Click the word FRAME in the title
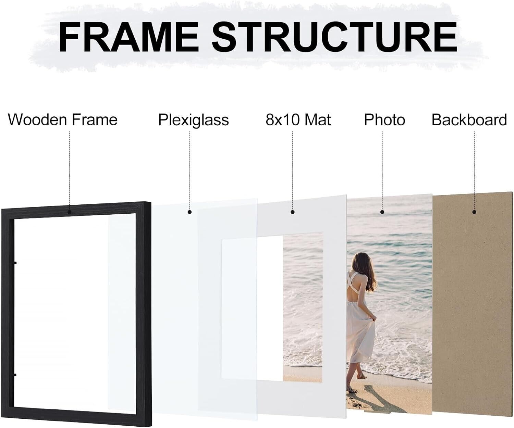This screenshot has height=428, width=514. (128, 37)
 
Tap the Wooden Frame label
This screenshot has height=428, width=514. (63, 120)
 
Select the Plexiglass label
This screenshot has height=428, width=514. (194, 120)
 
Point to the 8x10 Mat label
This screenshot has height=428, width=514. (298, 120)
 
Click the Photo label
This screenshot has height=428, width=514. (384, 120)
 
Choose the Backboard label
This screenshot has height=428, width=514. (469, 120)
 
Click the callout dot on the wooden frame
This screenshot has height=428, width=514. (70, 212)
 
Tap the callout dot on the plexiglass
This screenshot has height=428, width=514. (189, 212)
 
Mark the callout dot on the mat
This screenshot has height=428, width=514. (292, 212)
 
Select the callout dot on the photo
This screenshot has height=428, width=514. (382, 212)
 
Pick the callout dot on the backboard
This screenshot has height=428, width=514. (474, 212)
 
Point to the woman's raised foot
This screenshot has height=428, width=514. (362, 376)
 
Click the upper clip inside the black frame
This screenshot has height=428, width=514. (15, 263)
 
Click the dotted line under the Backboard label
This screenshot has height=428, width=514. (474, 171)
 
